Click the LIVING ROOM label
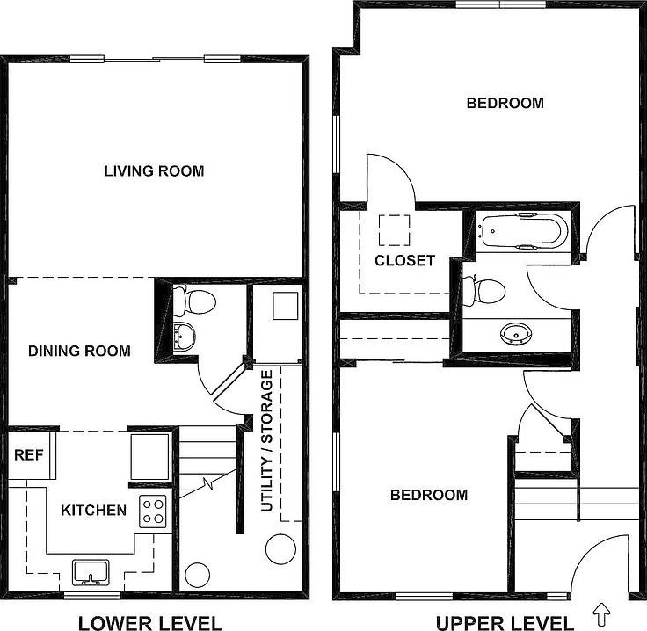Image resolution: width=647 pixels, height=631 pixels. click(x=154, y=170)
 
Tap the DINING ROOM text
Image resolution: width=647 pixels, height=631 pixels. click(x=79, y=351)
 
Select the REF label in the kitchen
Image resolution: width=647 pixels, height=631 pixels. click(x=25, y=455)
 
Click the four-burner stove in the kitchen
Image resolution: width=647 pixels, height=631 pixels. click(x=153, y=511)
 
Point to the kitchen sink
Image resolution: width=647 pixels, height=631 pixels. click(x=89, y=572)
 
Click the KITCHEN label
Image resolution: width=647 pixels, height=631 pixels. click(x=93, y=510)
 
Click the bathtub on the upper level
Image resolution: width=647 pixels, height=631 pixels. click(x=524, y=231)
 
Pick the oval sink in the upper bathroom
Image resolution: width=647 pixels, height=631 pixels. click(x=513, y=334)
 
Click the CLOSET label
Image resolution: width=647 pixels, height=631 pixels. click(x=404, y=260)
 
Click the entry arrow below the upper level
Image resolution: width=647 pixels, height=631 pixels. click(x=602, y=610)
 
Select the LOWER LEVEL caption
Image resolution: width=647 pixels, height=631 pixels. click(x=150, y=623)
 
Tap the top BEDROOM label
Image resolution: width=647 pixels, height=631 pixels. click(x=505, y=103)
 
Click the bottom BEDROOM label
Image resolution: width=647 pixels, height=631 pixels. click(x=429, y=495)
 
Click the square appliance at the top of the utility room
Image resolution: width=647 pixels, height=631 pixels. click(x=286, y=306)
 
